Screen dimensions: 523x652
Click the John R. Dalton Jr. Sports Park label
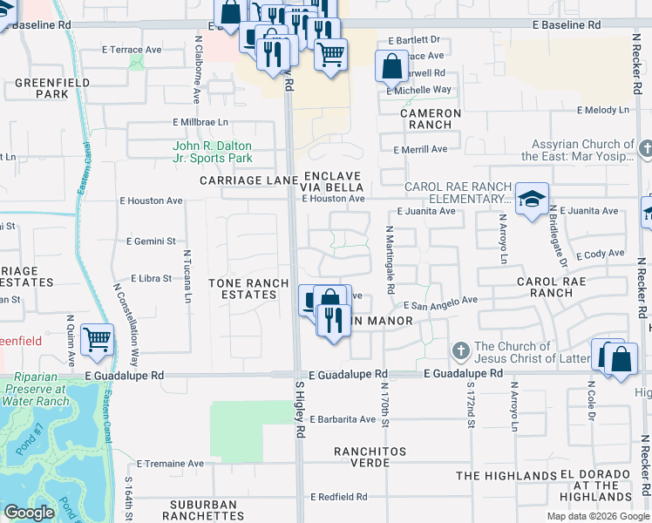[213, 153]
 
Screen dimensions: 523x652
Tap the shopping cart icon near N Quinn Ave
[97, 339]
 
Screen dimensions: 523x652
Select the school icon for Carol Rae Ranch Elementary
[531, 200]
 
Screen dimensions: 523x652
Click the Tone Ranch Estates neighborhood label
[242, 289]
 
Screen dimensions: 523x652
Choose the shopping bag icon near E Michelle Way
[391, 65]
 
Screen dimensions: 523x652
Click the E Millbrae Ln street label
[200, 123]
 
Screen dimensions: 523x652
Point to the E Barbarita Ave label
[341, 419]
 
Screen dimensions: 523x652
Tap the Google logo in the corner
[29, 513]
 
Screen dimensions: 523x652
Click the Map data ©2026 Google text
[598, 516]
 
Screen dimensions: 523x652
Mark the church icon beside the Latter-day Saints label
[461, 351]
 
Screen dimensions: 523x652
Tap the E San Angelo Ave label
[440, 301]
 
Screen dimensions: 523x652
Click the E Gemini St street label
[151, 241]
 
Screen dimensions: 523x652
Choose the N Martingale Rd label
[390, 259]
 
